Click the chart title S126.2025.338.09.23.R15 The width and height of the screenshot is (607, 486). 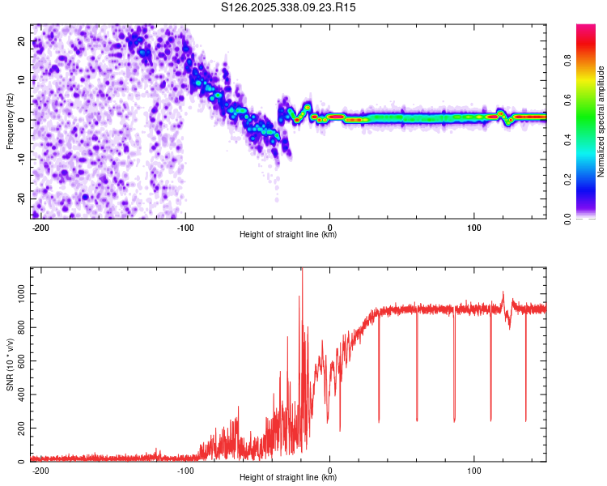click(x=289, y=7)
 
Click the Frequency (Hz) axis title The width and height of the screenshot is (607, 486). click(x=10, y=121)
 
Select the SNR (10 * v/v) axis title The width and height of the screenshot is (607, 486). click(x=10, y=364)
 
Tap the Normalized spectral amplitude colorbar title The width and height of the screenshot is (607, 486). click(x=601, y=121)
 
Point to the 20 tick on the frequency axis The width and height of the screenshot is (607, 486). click(x=22, y=40)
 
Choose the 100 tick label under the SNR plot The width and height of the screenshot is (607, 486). click(x=474, y=471)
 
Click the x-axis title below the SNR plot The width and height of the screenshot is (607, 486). click(x=288, y=478)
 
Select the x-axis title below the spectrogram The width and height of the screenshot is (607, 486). click(x=288, y=235)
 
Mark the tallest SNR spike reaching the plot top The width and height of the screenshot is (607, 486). click(x=302, y=272)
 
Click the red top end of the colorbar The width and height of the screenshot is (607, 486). click(x=586, y=28)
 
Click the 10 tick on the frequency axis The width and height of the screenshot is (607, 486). click(x=22, y=80)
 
